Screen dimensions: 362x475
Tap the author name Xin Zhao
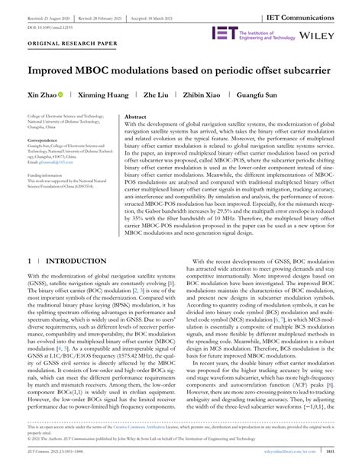pyautogui.click(x=44, y=95)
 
